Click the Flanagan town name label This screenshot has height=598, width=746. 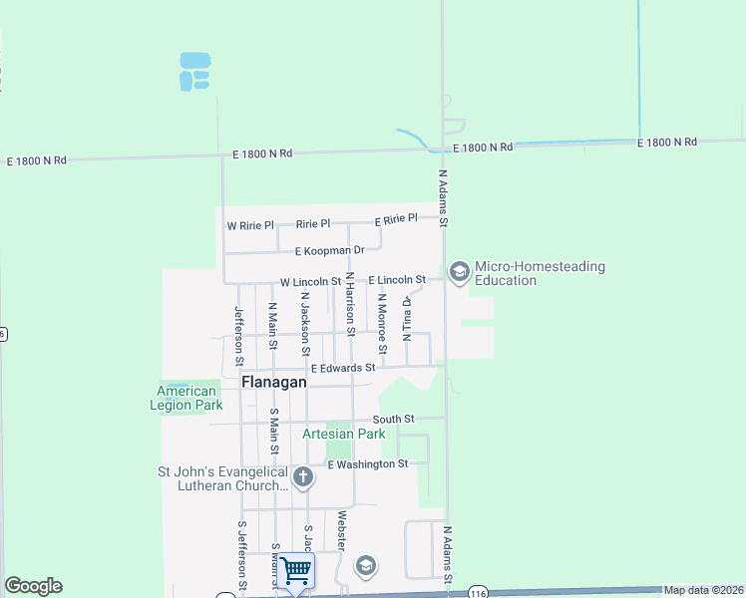coord(274,382)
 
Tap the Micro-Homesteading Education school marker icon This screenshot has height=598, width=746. coord(459,272)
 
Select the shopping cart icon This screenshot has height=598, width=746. coord(296,571)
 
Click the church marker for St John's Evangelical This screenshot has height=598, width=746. coord(303,478)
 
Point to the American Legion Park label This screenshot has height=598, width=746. coord(186,398)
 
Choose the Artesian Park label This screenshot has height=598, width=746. coord(343,434)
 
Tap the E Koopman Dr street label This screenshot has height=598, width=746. coord(323,249)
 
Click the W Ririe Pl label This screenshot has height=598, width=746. coord(249,226)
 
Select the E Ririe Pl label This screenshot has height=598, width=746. coord(396,219)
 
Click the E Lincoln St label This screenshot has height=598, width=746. coord(397,280)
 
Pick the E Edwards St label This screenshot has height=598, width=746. coord(342,368)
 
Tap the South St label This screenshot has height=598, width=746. coord(393,420)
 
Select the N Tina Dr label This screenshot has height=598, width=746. coord(407,319)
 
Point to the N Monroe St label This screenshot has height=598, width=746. coord(382,323)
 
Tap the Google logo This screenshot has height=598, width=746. coord(33,586)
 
